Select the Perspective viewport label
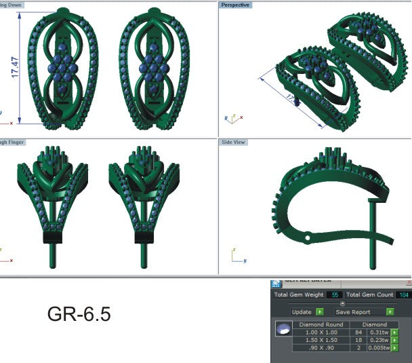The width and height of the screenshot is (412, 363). (234, 5)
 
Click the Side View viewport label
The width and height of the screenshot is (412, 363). (232, 142)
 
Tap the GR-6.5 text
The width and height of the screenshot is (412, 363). (79, 314)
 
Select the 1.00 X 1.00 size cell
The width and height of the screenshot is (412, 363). (322, 332)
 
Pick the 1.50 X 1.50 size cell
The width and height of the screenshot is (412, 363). (322, 340)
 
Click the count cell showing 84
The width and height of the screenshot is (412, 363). (358, 332)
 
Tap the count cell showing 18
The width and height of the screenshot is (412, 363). (358, 340)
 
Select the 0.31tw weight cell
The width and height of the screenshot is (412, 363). (379, 332)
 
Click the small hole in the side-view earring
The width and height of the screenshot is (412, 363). (308, 239)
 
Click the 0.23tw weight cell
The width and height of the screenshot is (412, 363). (379, 340)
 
